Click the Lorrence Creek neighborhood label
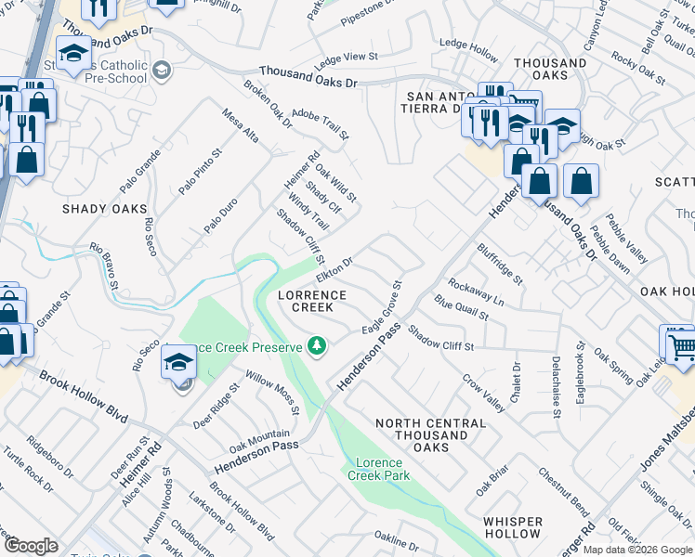(x=312, y=301)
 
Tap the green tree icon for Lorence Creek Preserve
(x=318, y=346)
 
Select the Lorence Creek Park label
(x=378, y=469)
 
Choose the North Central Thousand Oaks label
(x=430, y=435)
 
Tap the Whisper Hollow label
(x=512, y=528)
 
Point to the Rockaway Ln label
(x=476, y=292)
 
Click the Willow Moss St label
(x=272, y=394)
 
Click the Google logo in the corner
(x=31, y=546)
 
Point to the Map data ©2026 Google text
(x=637, y=550)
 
